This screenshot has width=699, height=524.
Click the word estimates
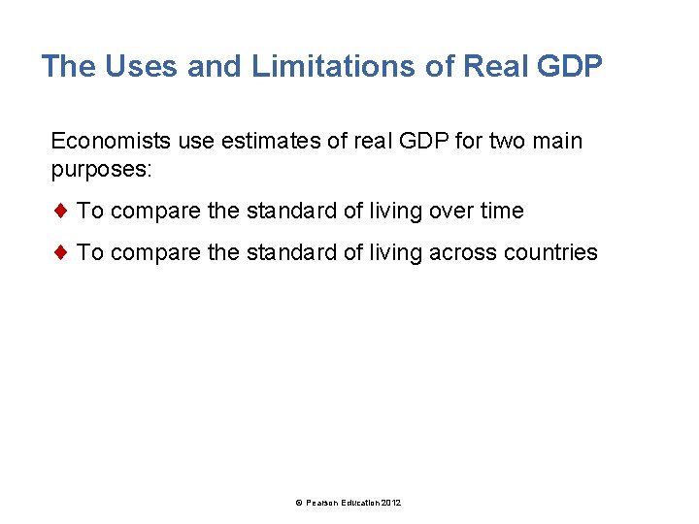pyautogui.click(x=256, y=142)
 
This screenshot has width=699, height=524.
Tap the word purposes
pyautogui.click(x=101, y=169)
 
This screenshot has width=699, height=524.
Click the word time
pyautogui.click(x=502, y=211)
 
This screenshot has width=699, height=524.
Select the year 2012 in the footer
pyautogui.click(x=390, y=502)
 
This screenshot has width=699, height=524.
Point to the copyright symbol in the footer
pyautogui.click(x=299, y=502)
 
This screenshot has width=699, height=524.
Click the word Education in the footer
pyautogui.click(x=359, y=502)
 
